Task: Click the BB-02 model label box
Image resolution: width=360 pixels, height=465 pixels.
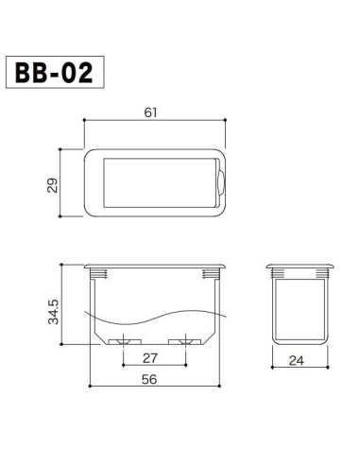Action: pyautogui.click(x=54, y=73)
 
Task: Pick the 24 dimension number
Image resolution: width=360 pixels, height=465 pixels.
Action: pyautogui.click(x=297, y=359)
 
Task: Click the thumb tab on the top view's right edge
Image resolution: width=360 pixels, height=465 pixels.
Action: pyautogui.click(x=222, y=181)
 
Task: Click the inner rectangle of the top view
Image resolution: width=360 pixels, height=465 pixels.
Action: pyautogui.click(x=155, y=181)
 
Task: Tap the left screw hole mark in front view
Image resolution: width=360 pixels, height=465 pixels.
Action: pyautogui.click(x=123, y=339)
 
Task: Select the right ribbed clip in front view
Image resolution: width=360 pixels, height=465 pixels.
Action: pyautogui.click(x=212, y=274)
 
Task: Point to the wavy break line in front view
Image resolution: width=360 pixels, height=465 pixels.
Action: pyautogui.click(x=155, y=313)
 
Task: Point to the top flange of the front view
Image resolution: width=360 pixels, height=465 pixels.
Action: pyautogui.click(x=155, y=266)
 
